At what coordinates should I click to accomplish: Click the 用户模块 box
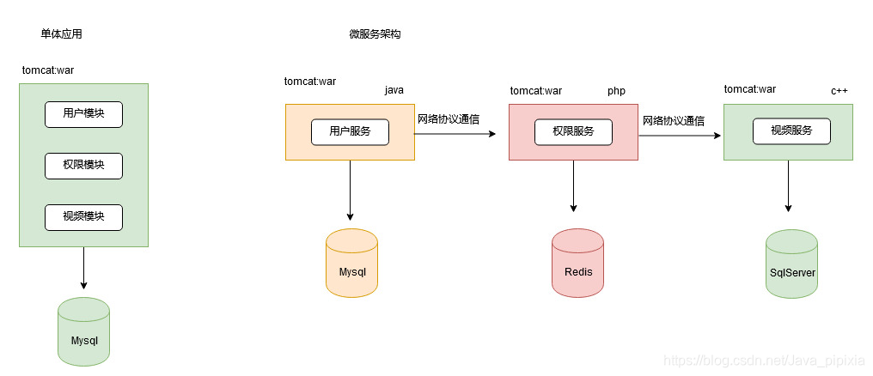click(83, 114)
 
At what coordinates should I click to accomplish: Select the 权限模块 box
click(83, 166)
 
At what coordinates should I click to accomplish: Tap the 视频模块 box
click(83, 217)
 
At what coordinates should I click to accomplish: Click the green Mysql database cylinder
click(83, 331)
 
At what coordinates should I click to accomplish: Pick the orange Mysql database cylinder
click(352, 263)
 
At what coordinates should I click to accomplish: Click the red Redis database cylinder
click(578, 263)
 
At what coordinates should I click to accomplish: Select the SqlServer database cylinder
click(791, 264)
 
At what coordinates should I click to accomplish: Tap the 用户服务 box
click(350, 132)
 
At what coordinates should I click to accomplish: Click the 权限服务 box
click(573, 132)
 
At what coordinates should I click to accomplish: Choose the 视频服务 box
click(791, 132)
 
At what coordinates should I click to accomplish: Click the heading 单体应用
click(61, 34)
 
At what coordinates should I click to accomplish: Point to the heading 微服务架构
click(375, 34)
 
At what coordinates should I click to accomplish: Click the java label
click(394, 90)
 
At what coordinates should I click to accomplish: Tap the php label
click(616, 91)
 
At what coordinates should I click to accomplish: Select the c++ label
click(839, 91)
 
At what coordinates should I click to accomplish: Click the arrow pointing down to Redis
click(573, 186)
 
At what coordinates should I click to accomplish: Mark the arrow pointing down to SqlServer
click(789, 186)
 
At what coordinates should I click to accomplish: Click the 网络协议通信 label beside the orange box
click(449, 119)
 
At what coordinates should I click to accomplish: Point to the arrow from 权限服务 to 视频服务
click(681, 135)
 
